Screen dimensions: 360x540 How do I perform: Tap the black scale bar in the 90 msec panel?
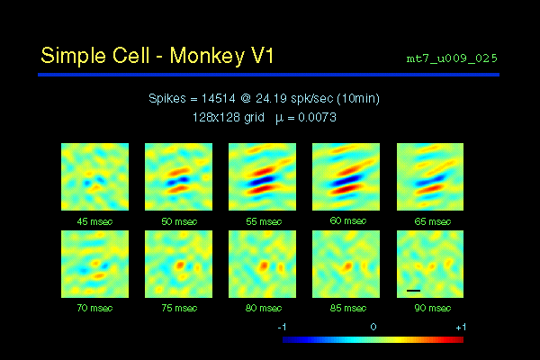tap(413, 291)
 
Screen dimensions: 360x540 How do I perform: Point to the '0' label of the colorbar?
tap(373, 327)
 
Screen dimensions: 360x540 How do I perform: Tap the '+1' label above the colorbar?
tap(460, 327)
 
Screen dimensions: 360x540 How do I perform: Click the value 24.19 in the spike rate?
tap(276, 99)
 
